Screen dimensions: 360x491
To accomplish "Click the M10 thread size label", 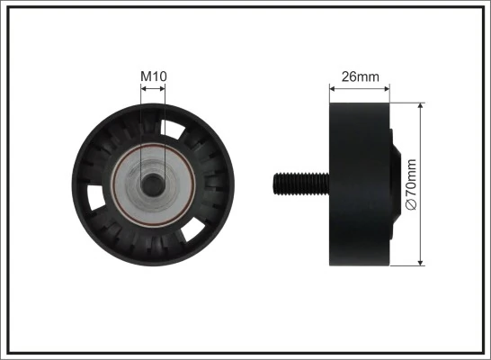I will [x=154, y=77].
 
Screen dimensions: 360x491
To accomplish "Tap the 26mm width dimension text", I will [x=360, y=76].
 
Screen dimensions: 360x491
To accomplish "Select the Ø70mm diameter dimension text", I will [x=413, y=184].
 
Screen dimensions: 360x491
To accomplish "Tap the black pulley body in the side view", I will [x=355, y=184].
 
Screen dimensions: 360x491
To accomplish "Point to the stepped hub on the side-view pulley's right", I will [x=392, y=184].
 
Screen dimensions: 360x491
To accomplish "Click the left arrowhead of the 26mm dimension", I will [x=333, y=88].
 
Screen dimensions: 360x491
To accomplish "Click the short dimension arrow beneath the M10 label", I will [x=153, y=90].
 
